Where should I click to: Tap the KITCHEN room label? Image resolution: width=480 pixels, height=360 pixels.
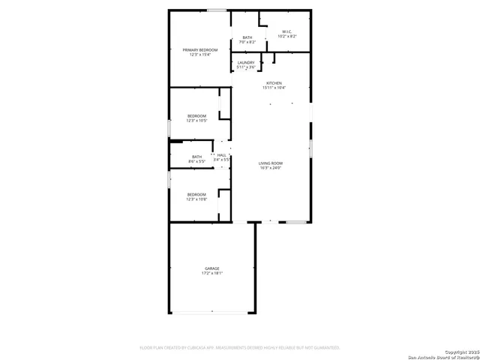pyautogui.click(x=274, y=82)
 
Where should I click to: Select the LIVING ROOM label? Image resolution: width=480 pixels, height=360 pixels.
pyautogui.click(x=271, y=163)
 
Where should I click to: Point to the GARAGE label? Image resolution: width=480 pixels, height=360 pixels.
pyautogui.click(x=212, y=268)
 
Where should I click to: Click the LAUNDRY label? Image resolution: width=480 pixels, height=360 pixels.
pyautogui.click(x=246, y=63)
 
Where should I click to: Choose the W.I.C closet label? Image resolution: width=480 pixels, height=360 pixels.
pyautogui.click(x=287, y=31)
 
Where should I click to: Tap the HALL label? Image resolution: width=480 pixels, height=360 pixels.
pyautogui.click(x=222, y=155)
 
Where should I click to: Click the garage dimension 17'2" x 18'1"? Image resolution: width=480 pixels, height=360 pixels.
pyautogui.click(x=212, y=274)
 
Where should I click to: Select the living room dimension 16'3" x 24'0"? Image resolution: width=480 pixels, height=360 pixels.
pyautogui.click(x=271, y=168)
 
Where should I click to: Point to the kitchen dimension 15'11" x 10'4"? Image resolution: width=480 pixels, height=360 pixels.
pyautogui.click(x=274, y=88)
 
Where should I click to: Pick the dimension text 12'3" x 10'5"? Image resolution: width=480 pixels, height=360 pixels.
pyautogui.click(x=196, y=121)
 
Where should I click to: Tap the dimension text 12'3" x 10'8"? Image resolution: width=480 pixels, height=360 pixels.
pyautogui.click(x=196, y=199)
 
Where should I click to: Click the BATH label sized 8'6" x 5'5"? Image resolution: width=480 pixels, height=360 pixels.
pyautogui.click(x=196, y=157)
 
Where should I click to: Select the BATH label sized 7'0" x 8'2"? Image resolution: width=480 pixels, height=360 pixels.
pyautogui.click(x=247, y=37)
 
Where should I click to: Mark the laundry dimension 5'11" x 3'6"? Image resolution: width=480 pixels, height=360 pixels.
pyautogui.click(x=246, y=67)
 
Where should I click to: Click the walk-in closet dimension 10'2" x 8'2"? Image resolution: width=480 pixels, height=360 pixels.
pyautogui.click(x=287, y=36)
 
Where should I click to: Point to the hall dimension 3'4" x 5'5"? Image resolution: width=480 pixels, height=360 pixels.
pyautogui.click(x=222, y=160)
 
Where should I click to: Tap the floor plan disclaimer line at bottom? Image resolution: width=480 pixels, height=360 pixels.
pyautogui.click(x=240, y=348)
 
